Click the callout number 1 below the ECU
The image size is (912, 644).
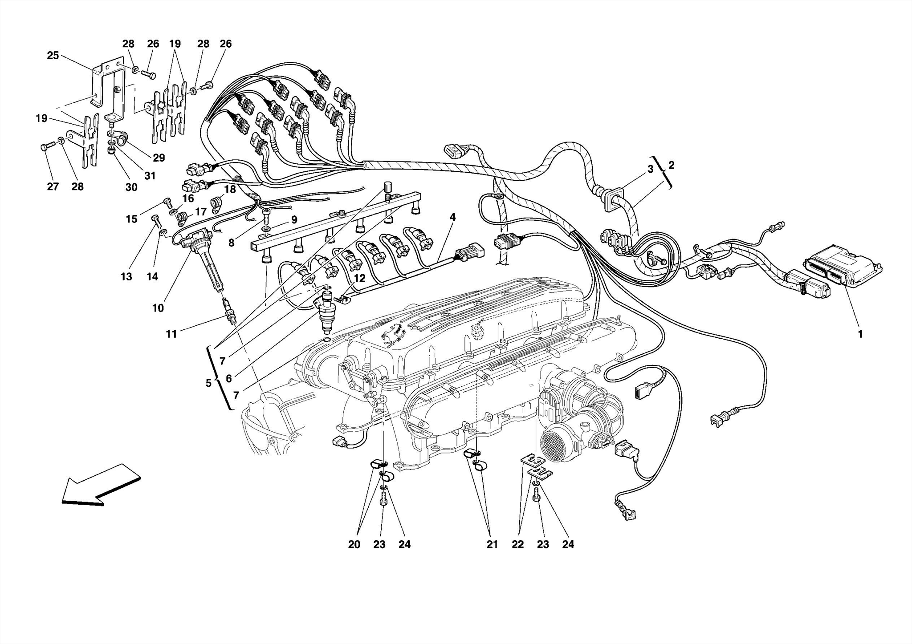click(860, 334)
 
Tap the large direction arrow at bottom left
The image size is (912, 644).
click(100, 485)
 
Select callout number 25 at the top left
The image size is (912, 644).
click(53, 56)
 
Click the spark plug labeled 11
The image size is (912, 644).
click(230, 314)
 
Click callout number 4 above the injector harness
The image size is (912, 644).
click(452, 217)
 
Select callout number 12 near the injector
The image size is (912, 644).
click(359, 278)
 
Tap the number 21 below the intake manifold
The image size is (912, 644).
click(492, 544)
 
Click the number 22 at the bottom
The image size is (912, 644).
click(517, 544)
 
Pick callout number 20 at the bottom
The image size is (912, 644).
click(354, 544)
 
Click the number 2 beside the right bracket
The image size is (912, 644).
click(671, 165)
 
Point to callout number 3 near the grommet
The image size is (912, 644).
click(650, 169)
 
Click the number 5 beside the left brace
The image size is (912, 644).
click(208, 383)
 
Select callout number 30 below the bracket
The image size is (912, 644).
click(131, 187)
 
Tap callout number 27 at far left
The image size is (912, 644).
click(53, 186)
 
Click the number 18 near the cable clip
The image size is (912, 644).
click(230, 189)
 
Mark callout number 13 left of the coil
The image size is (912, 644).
click(126, 277)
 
